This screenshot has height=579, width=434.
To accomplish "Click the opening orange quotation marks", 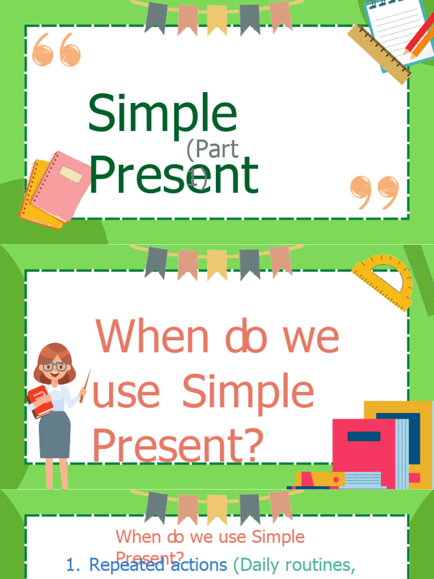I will point(57,50).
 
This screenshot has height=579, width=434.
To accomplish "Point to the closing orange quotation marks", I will point(374,192).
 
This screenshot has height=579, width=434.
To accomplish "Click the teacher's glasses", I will point(55,366).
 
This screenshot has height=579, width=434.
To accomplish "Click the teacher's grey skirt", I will point(55,434).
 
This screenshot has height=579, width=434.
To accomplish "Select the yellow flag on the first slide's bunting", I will point(217,20).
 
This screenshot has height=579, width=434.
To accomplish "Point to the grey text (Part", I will point(212,150).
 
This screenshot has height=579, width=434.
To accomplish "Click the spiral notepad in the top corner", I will point(396,25).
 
